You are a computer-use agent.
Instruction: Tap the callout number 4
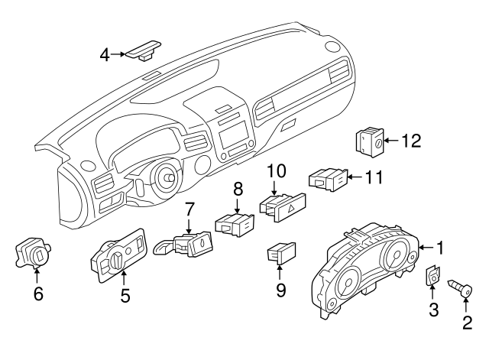point(105,54)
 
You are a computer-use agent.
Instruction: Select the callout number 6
point(38,292)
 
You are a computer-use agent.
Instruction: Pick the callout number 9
point(280,290)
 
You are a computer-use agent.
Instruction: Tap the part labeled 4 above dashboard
point(144,50)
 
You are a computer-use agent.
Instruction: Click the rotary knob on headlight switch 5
point(108,264)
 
